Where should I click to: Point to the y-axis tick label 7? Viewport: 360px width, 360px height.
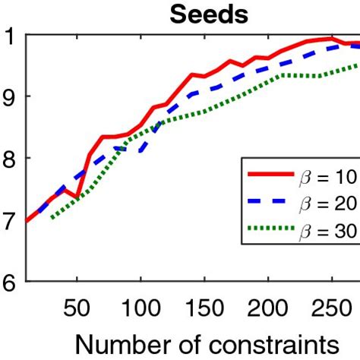tap(10, 220)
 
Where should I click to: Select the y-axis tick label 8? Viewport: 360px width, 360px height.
tap(10, 158)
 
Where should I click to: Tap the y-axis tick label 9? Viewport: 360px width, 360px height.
tap(10, 96)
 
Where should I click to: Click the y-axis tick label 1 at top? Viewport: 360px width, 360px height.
tap(10, 35)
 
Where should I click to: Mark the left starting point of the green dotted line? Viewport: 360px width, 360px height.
tap(52, 217)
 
